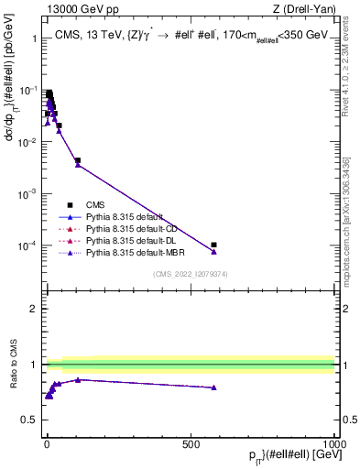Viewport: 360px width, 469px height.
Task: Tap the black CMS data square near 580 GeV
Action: (x=213, y=245)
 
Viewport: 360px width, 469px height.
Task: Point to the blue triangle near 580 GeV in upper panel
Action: (x=213, y=251)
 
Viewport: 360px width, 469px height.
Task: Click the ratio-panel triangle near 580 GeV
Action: (x=213, y=387)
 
